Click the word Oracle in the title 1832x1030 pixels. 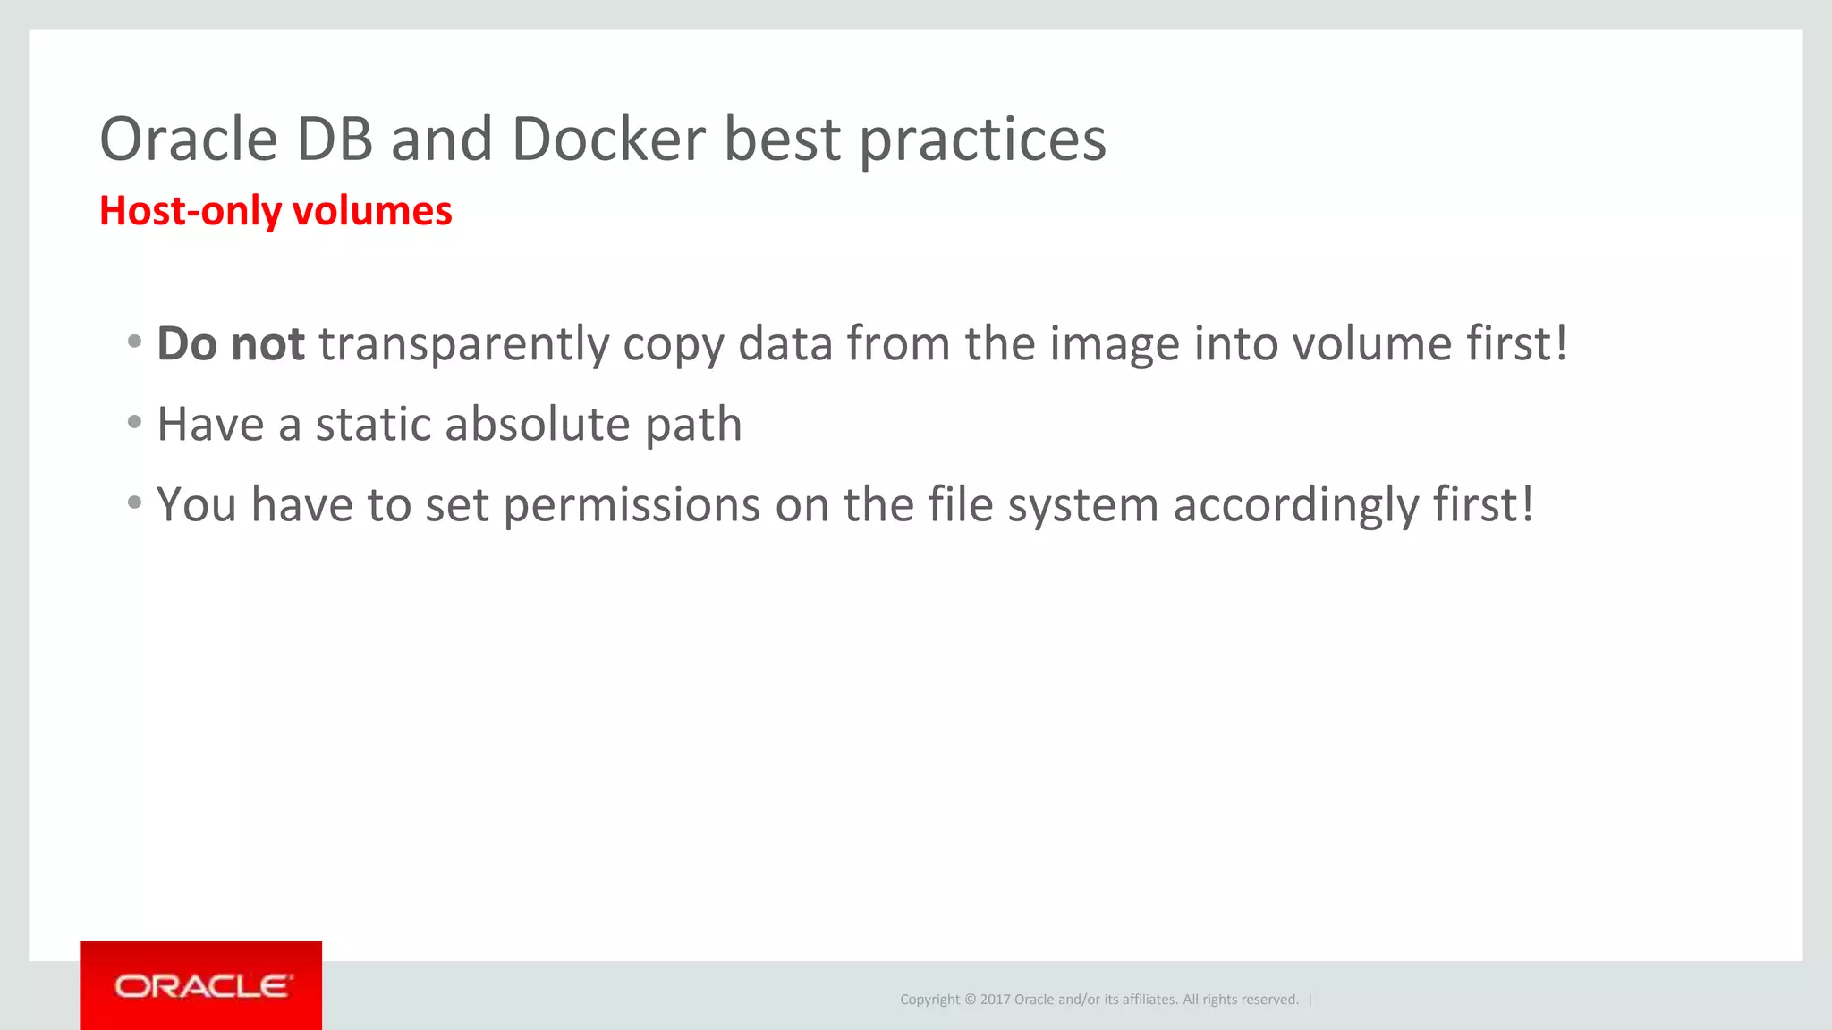tap(189, 139)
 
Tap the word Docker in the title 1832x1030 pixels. tap(608, 139)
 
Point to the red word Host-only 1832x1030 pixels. tap(190, 211)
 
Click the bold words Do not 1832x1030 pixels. tap(231, 343)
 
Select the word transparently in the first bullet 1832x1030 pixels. tap(463, 345)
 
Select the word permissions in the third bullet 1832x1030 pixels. tap(632, 506)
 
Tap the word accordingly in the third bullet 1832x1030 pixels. tap(1295, 506)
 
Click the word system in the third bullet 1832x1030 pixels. tap(1083, 506)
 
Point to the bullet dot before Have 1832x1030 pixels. tap(134, 421)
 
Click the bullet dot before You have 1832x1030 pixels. tap(134, 502)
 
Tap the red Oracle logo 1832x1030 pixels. tap(201, 985)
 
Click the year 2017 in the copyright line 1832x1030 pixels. tap(995, 1000)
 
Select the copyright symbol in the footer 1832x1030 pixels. tap(970, 1000)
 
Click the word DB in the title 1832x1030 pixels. tap(335, 139)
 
